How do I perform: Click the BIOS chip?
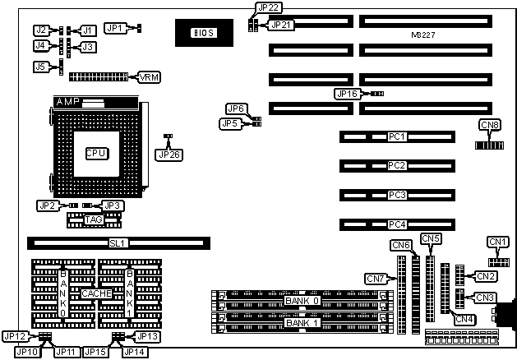click(202, 33)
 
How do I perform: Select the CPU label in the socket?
click(96, 153)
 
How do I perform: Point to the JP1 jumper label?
click(116, 28)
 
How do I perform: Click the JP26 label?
click(167, 153)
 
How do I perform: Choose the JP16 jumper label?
click(346, 94)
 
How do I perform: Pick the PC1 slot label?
click(398, 136)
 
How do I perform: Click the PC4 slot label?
click(398, 224)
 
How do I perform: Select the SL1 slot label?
click(119, 243)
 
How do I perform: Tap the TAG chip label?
click(93, 220)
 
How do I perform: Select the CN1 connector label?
click(498, 241)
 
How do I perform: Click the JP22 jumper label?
click(268, 7)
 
